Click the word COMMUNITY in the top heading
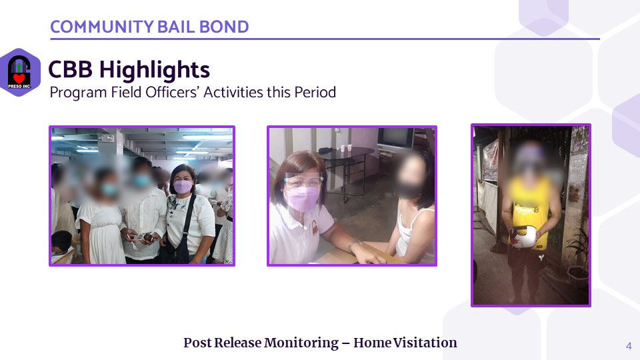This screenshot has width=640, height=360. coord(101,27)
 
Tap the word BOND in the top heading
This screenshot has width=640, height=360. coord(224,27)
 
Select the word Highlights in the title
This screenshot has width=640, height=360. coord(155,70)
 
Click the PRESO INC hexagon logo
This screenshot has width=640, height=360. coord(19,72)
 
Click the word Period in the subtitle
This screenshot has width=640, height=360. coord(315,92)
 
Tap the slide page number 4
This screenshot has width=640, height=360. coord(629,346)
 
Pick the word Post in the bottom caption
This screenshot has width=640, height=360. coord(197,343)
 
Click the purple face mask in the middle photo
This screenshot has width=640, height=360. coord(301,199)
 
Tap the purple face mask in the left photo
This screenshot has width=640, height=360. coord(183,187)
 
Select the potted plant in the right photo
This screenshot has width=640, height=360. coord(577,257)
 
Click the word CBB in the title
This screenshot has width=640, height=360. coord(70,69)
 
